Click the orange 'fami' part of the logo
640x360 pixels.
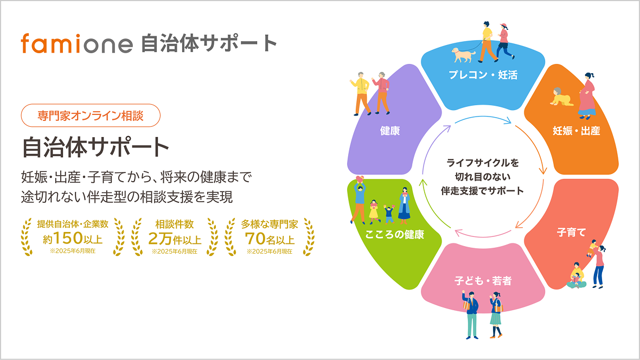point(52,43)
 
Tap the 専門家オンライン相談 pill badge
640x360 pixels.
point(91,115)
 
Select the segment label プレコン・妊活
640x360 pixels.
point(483,75)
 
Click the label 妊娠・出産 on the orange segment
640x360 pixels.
point(577,131)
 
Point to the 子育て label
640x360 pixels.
point(572,232)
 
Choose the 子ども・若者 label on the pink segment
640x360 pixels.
point(483,281)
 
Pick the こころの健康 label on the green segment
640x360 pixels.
point(394,234)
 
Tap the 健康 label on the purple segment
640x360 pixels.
point(390,131)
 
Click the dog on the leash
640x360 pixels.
point(463,55)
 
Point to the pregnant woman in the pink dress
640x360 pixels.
point(587,96)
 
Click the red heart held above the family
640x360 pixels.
point(360,179)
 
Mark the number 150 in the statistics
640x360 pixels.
point(68,237)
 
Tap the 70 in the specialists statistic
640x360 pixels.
point(255,238)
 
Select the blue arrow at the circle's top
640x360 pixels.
point(483,118)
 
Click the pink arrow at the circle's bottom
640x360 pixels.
point(483,235)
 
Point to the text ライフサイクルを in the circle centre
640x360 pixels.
point(483,163)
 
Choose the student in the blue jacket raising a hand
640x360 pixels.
point(471,314)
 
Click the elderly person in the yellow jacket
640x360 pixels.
point(361,93)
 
